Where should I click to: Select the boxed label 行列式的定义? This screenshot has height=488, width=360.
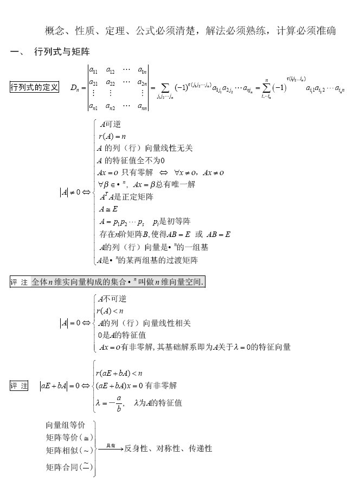[x=34, y=87]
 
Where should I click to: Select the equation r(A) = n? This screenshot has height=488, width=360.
[x=112, y=137]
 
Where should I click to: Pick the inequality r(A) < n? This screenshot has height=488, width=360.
[x=110, y=311]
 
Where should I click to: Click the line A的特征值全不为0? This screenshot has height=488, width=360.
[x=131, y=160]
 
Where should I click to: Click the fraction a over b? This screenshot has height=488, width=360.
[x=118, y=403]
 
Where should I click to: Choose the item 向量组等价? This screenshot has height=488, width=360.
[x=65, y=424]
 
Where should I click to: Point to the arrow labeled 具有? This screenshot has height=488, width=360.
[x=110, y=448]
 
